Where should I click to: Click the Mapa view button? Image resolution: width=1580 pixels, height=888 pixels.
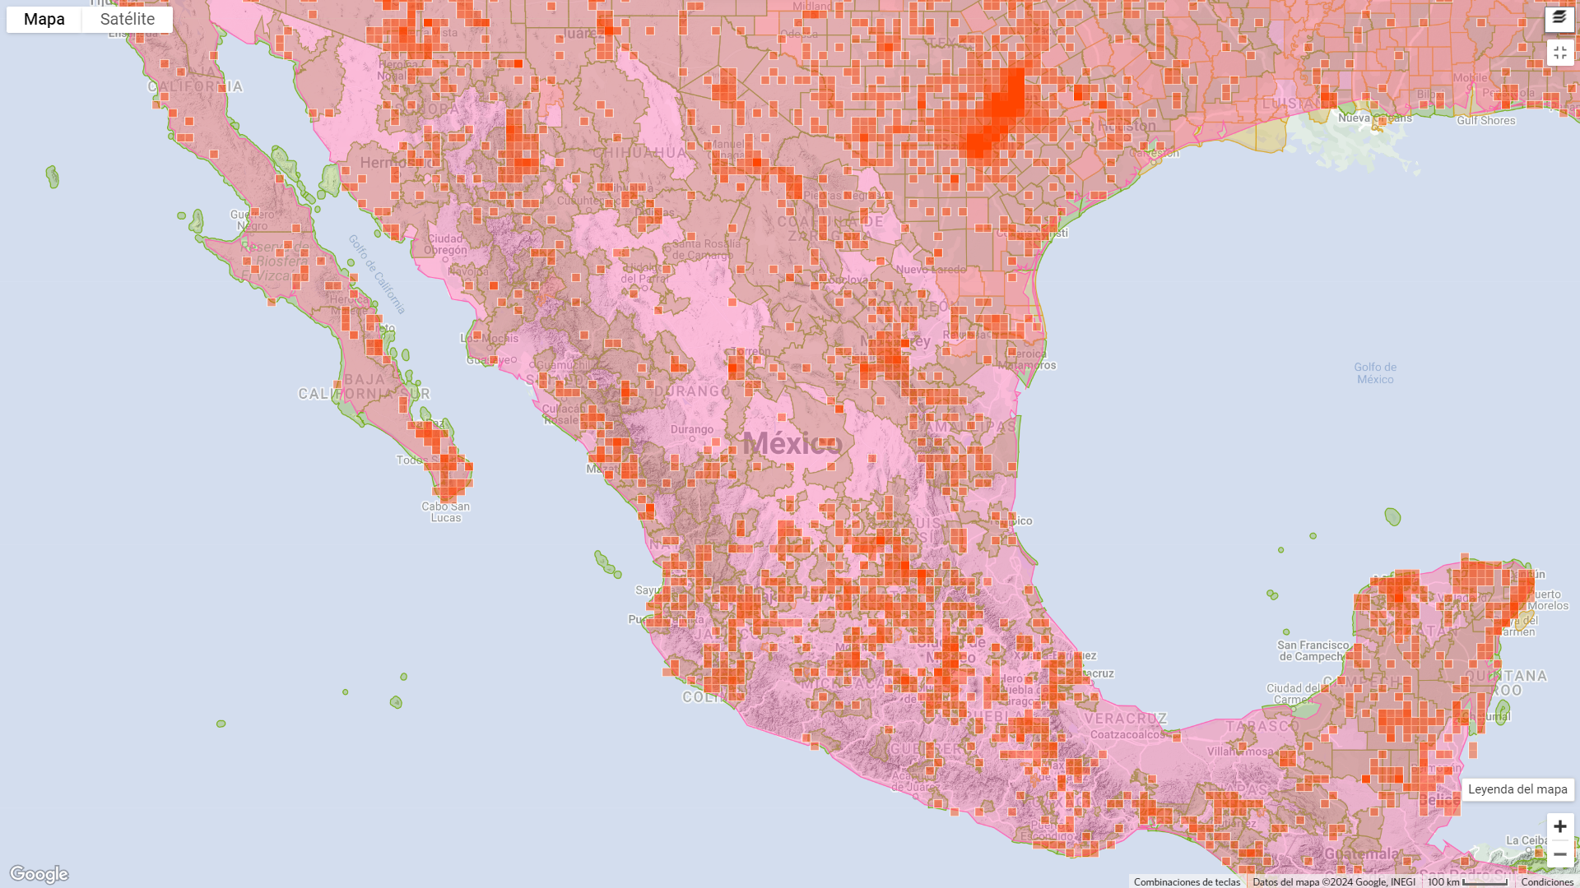[x=44, y=20]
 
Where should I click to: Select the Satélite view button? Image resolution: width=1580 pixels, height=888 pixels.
[x=128, y=20]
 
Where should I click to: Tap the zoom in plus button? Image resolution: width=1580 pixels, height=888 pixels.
[x=1559, y=826]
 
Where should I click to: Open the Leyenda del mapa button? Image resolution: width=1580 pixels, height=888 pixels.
[x=1517, y=789]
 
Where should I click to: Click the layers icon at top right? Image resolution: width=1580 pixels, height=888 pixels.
[x=1559, y=18]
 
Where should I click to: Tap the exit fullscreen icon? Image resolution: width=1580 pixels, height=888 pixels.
[x=1559, y=53]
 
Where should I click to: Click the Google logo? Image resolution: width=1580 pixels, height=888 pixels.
[x=39, y=873]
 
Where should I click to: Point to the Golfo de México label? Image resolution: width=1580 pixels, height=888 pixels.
[x=1375, y=373]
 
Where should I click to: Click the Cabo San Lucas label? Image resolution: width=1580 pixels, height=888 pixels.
[x=446, y=511]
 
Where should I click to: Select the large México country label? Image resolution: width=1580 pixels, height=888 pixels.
[x=792, y=444]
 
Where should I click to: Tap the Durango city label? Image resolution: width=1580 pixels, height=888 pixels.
[x=692, y=430]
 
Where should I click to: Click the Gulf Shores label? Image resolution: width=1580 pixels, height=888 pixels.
[x=1485, y=121]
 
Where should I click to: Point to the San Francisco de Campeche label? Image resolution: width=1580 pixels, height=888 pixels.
[x=1313, y=650]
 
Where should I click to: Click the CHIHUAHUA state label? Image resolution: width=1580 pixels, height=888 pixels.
[x=639, y=153]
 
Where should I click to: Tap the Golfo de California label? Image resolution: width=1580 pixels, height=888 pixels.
[x=377, y=274]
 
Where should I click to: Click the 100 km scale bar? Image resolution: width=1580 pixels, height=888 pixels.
[x=1467, y=881]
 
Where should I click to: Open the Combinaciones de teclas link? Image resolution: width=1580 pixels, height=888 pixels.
[x=1187, y=881]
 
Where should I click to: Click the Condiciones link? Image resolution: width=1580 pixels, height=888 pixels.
[x=1547, y=881]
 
